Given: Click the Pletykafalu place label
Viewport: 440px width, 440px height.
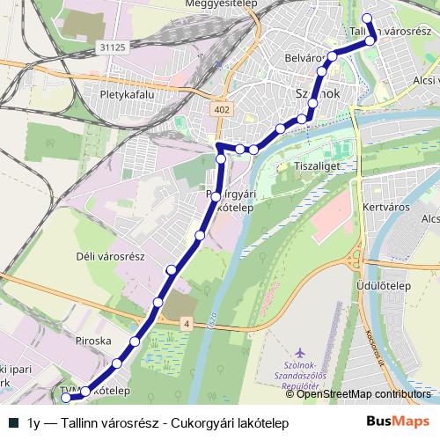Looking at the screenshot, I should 128,92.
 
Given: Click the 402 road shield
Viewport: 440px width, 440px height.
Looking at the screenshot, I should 221,107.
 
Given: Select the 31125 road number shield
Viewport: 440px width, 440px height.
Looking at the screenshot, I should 115,47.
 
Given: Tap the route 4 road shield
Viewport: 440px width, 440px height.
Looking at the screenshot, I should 187,325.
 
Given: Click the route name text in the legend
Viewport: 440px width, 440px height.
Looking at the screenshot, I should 158,422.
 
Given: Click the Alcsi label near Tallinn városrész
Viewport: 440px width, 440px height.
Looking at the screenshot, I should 426,77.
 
